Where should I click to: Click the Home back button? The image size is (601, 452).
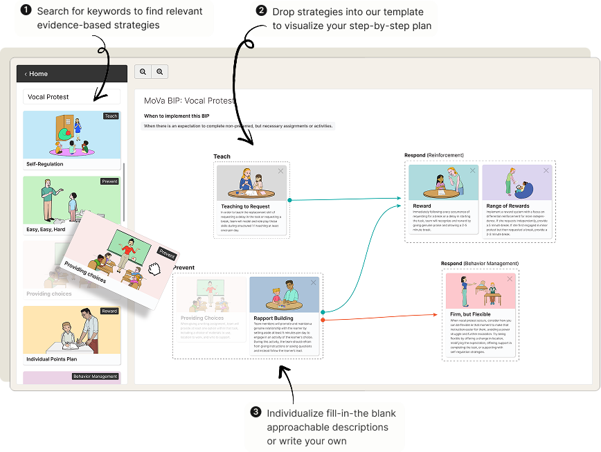pos(36,74)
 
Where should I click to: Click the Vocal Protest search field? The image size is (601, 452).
pos(71,97)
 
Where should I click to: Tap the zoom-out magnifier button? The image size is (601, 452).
pos(143,71)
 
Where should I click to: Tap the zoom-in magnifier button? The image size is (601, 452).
pos(160,71)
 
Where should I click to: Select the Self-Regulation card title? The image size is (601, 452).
pos(45,164)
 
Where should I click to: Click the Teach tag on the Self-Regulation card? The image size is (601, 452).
pos(111,116)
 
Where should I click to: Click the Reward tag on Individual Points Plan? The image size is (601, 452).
pos(109,311)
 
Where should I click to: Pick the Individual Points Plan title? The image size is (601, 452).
pos(51,359)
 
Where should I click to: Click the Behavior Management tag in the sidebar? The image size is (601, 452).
pos(96,377)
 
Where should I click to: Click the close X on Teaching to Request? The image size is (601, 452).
pos(280,171)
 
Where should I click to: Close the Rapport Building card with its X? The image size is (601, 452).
pos(313,282)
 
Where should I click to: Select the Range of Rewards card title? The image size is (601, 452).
pos(508,206)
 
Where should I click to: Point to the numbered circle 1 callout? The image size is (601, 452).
pos(26,11)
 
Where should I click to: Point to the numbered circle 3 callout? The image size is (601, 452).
pos(255,413)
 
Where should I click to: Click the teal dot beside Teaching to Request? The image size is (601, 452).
pos(289,200)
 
